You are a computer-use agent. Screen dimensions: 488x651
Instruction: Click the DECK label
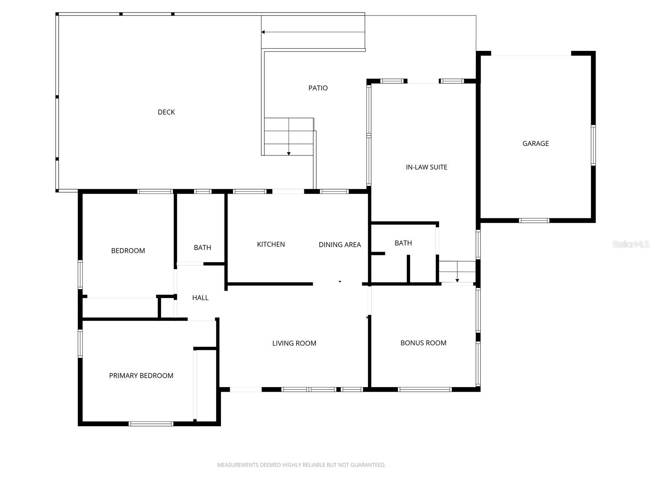pos(166,112)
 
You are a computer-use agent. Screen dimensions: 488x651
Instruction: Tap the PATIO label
pos(318,88)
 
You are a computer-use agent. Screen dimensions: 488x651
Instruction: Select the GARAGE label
pos(535,144)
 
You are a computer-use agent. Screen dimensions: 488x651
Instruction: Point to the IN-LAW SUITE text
pos(426,167)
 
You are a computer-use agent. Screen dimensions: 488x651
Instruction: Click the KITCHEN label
pos(271,244)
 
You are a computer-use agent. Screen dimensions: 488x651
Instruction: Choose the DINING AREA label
pos(340,245)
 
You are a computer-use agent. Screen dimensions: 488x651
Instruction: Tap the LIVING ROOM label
pos(294,343)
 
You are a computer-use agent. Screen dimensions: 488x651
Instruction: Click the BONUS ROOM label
pos(423,343)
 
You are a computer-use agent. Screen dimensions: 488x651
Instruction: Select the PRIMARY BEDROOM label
pos(141,376)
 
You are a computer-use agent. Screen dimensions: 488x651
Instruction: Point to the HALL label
pos(200,298)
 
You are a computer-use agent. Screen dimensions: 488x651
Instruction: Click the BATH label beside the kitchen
pos(202,248)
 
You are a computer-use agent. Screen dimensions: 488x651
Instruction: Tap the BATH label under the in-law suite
pos(403,243)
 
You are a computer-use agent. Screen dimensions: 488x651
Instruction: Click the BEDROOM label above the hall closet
pos(128,251)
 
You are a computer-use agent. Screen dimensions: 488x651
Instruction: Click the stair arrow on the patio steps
pos(289,153)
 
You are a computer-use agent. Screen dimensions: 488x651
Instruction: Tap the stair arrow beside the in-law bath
pos(457,280)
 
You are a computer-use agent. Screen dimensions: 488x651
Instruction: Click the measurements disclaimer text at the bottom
pos(301,465)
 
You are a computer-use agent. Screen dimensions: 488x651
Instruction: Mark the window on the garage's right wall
pos(593,145)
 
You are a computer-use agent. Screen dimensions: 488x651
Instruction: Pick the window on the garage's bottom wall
pos(534,220)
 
